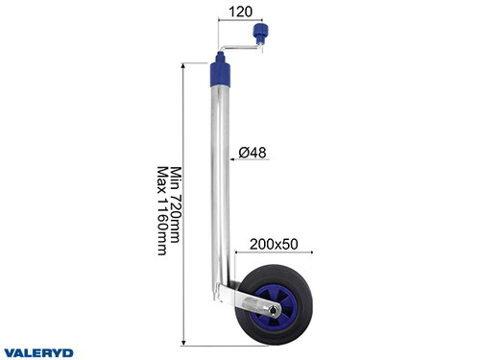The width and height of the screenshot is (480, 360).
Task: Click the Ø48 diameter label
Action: (252, 151)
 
